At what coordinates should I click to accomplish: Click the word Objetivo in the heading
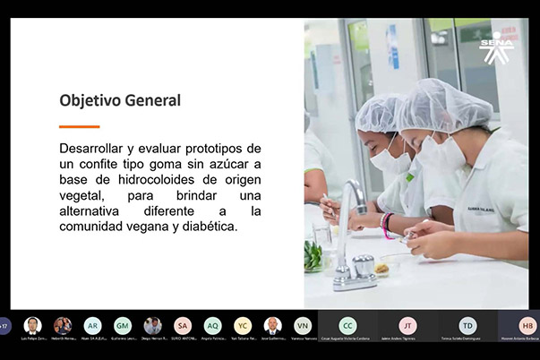coord(88,101)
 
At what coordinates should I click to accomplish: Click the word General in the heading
coord(151,101)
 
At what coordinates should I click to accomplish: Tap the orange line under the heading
coord(79,127)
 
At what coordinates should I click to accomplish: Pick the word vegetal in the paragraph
coord(82,195)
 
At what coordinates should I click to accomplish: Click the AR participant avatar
coord(92,326)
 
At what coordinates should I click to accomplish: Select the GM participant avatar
coord(123,326)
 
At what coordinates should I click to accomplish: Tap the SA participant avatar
coord(183,326)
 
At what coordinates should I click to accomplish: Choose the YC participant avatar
coord(243,326)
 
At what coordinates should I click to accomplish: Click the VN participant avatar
coord(303,326)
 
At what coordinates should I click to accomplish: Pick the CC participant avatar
coord(347,326)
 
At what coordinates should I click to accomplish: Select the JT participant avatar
coord(407,326)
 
